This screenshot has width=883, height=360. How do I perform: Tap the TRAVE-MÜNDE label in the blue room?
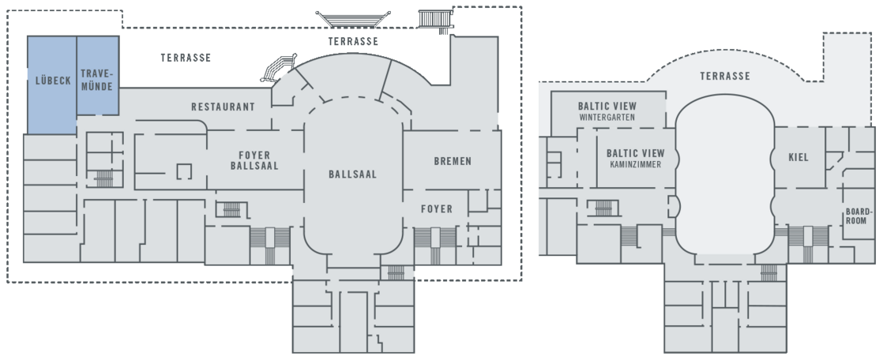coord(98,80)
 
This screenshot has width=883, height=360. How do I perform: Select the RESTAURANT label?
coord(223,107)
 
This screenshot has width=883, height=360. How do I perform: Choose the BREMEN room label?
coord(453,161)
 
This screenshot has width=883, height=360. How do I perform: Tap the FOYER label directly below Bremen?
coord(436,209)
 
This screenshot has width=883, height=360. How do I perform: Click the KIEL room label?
coord(798,157)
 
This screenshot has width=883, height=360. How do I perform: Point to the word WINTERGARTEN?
coord(607,118)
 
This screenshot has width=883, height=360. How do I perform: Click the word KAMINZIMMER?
coord(635,165)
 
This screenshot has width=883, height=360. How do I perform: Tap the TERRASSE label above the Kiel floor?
coord(725,76)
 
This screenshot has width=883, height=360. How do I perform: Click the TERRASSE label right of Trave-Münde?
coord(186,58)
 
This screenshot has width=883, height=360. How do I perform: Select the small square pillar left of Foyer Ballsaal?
coord(184,170)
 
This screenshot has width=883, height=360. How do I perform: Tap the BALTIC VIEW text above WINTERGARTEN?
coord(607,105)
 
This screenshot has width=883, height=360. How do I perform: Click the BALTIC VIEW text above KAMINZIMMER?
coord(635,153)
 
